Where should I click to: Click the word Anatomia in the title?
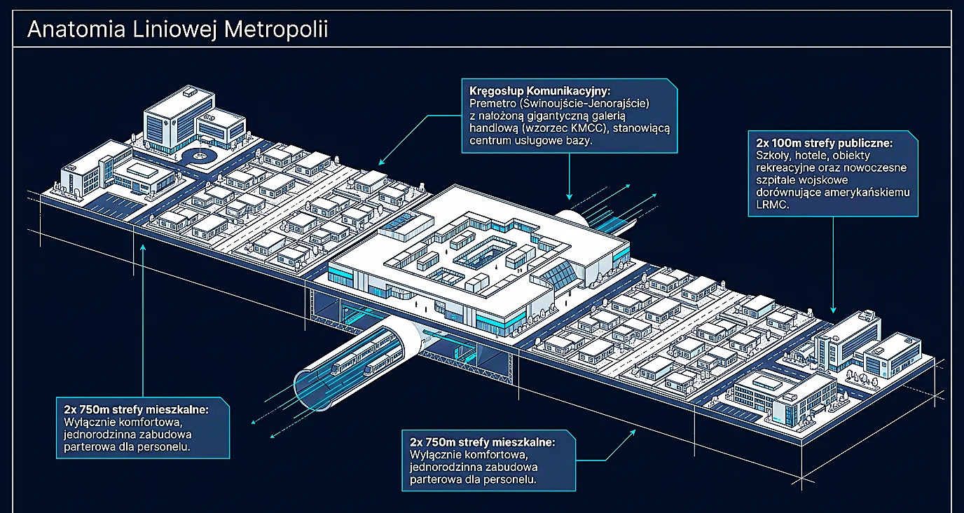[76, 29]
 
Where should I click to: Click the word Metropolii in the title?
[276, 29]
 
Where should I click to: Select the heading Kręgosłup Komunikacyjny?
[539, 91]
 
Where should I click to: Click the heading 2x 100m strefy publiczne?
[824, 143]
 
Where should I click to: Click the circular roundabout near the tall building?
[199, 156]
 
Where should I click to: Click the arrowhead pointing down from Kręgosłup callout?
[570, 197]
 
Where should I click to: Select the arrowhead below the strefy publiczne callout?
[833, 310]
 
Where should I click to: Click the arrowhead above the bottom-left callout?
[143, 248]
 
